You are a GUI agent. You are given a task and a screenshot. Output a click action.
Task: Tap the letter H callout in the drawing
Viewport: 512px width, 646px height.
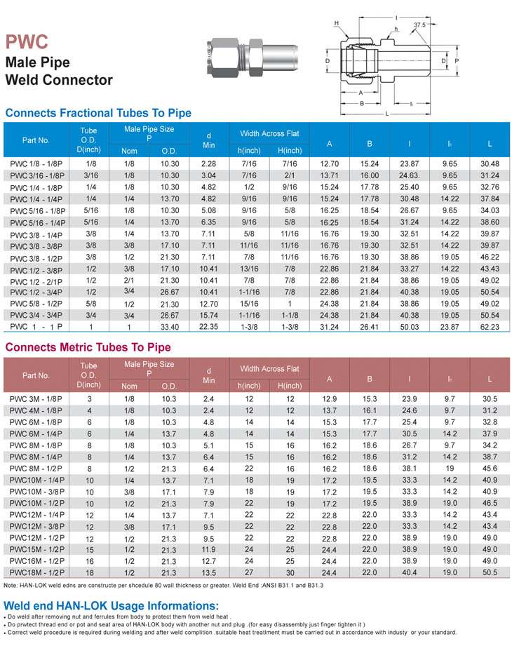[x=337, y=24]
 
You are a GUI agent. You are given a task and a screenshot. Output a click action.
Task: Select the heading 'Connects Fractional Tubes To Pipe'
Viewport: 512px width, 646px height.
[x=98, y=113]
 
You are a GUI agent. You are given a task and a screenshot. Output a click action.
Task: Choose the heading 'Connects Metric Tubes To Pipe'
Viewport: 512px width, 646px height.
[x=88, y=347]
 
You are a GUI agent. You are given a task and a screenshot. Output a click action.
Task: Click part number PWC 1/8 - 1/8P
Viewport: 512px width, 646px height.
[x=37, y=163]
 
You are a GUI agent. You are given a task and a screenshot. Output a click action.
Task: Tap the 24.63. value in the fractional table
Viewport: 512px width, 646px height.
[x=409, y=175]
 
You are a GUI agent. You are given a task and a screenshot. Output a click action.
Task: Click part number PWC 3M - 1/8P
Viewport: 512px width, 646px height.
[x=36, y=398]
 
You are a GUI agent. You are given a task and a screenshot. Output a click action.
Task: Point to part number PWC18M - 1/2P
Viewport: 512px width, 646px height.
[x=36, y=572]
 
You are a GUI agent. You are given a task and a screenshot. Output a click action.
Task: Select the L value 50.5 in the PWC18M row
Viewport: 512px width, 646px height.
[x=490, y=572]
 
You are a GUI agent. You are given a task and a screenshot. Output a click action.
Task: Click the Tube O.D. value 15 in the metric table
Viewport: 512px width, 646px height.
[x=89, y=549]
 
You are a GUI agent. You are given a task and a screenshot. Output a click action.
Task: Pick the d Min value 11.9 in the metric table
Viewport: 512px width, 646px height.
[x=208, y=549]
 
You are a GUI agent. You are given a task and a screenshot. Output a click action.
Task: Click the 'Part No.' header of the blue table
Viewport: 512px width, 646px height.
[x=36, y=140]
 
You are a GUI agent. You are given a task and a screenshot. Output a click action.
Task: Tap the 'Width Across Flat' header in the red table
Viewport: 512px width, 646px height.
[x=269, y=368]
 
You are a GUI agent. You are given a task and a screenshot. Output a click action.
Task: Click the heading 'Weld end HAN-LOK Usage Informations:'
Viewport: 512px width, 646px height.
[x=112, y=605]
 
